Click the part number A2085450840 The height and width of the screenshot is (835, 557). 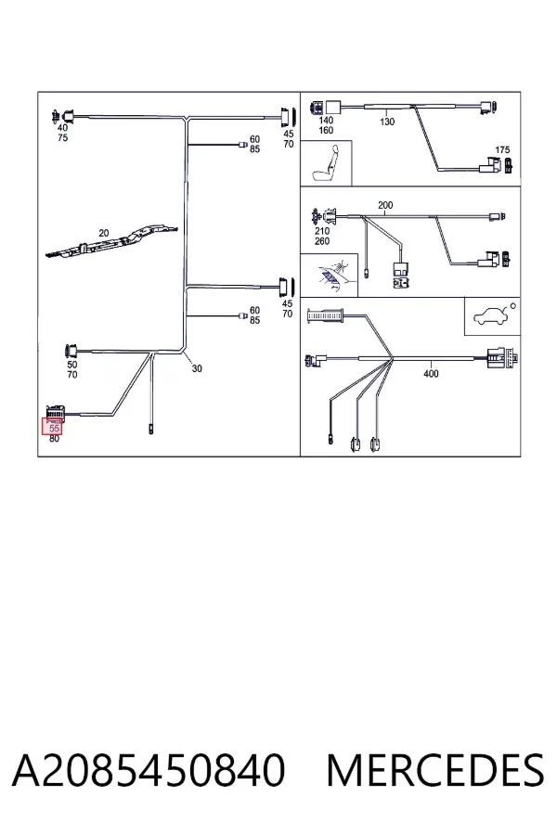[149, 770]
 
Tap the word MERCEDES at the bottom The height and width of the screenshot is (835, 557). [435, 770]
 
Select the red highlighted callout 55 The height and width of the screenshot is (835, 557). [54, 427]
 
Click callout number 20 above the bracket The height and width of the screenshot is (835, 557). [103, 233]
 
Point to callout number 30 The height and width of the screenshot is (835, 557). [197, 368]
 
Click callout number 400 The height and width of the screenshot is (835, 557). [431, 374]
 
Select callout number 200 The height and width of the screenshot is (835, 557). [385, 205]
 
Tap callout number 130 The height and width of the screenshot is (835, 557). [387, 122]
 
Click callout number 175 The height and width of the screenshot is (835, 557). [502, 150]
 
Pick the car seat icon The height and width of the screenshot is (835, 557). [326, 163]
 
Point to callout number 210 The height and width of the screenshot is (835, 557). [322, 231]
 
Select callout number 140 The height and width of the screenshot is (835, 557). [325, 121]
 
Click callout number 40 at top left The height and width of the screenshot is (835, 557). [62, 128]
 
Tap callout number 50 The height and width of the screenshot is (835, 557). [72, 365]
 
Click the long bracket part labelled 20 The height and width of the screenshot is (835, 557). [111, 242]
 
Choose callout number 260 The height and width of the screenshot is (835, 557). [322, 241]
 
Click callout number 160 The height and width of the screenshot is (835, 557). [325, 131]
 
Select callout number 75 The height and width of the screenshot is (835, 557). [62, 138]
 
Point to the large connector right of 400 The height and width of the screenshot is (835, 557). [502, 357]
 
